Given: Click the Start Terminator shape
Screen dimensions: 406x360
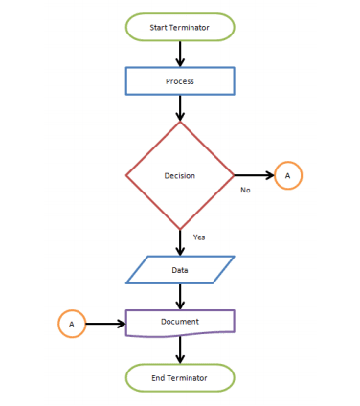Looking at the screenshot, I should (x=180, y=27).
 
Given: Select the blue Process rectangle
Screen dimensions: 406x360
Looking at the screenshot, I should (x=180, y=81).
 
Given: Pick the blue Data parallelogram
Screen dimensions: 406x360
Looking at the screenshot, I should (x=180, y=270).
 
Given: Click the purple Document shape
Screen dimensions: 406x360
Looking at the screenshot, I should (x=180, y=323).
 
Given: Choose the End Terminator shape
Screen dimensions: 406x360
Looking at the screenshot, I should (x=180, y=377).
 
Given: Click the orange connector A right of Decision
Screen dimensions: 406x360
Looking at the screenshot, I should (x=288, y=175).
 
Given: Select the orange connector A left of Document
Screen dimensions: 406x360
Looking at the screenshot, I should (x=72, y=324).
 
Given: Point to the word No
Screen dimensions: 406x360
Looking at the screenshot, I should (x=245, y=191).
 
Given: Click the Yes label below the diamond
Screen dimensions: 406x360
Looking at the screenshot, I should (x=199, y=237).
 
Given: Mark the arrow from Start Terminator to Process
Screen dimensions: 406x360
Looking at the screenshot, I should (x=180, y=54).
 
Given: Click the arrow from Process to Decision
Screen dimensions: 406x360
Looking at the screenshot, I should (x=180, y=108).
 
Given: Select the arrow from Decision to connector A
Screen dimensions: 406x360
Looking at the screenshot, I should (x=254, y=175).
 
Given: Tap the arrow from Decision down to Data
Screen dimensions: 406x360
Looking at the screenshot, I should (x=180, y=242).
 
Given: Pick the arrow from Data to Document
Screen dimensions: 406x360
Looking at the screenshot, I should (x=180, y=297).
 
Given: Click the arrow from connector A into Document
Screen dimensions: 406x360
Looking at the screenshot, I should (x=105, y=324).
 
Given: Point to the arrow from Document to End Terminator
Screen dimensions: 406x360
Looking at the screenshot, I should (x=180, y=350).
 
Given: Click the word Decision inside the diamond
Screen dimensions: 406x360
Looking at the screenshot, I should (x=180, y=176).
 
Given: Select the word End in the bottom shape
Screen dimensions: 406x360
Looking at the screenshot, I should (x=159, y=378).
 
